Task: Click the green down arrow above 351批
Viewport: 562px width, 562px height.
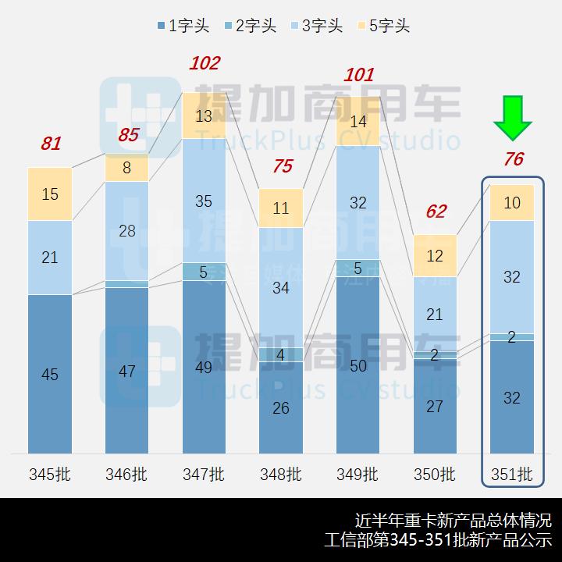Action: tap(512, 118)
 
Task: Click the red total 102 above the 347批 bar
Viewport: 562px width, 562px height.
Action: tap(205, 63)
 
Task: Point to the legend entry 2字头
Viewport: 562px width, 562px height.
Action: tap(249, 26)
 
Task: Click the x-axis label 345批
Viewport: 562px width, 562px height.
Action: tap(50, 474)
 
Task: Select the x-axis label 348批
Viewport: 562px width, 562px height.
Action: tap(281, 474)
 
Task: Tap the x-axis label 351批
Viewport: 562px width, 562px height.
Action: tap(512, 474)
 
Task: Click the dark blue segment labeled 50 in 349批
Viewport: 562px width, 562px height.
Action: tap(358, 365)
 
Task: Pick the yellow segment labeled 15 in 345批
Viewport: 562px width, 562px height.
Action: tap(50, 194)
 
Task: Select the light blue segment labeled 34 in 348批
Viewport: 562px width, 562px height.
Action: tap(281, 287)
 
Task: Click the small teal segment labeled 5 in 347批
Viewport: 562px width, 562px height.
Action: tap(204, 272)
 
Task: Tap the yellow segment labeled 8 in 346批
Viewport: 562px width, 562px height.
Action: tap(127, 168)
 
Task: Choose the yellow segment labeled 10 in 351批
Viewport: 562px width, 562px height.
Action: tap(512, 203)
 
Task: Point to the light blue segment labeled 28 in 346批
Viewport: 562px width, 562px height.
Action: tap(127, 230)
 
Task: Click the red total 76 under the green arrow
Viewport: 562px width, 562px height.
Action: tap(513, 159)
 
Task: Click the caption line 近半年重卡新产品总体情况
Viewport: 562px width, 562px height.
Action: tap(453, 521)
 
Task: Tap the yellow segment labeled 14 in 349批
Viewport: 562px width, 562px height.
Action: tap(358, 122)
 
